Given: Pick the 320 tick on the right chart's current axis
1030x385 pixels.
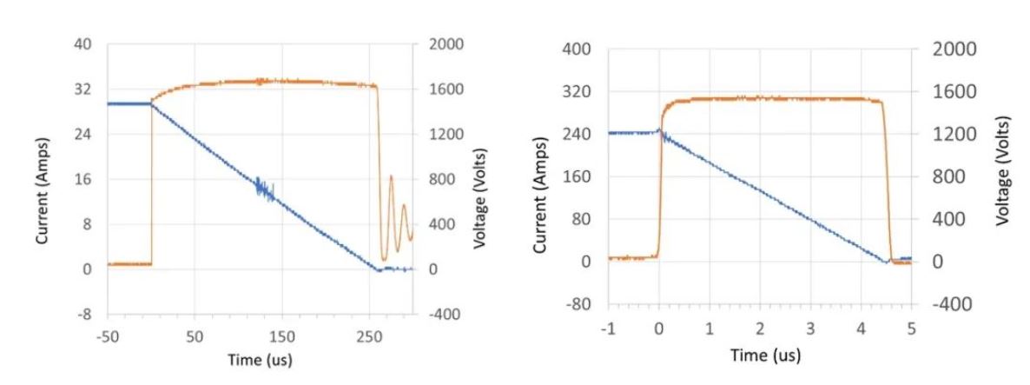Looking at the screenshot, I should click(579, 91).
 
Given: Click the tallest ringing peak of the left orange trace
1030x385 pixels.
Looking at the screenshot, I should click(391, 177).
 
